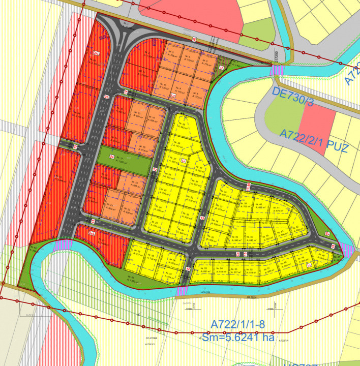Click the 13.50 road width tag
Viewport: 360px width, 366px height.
pos(249,187)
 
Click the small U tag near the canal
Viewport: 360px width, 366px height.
pos(221,67)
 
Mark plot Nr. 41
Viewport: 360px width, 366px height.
pos(277,208)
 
